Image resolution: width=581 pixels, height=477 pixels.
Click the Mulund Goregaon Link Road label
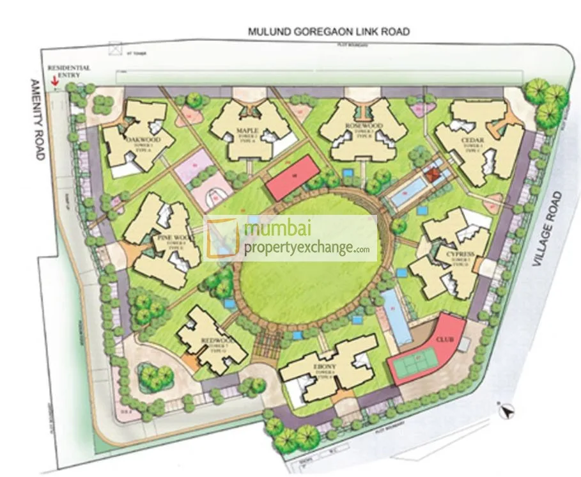tap(329, 31)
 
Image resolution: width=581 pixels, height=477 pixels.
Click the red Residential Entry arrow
tap(56, 82)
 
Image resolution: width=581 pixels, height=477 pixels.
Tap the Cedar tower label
tap(473, 140)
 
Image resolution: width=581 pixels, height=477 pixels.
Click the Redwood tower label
tap(212, 341)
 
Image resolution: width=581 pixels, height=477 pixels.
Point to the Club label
tap(444, 338)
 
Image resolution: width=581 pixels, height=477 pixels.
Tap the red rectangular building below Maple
tap(294, 177)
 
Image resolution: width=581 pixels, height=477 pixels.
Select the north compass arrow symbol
tap(507, 411)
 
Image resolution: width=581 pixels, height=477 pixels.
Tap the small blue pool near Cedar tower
tap(407, 192)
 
